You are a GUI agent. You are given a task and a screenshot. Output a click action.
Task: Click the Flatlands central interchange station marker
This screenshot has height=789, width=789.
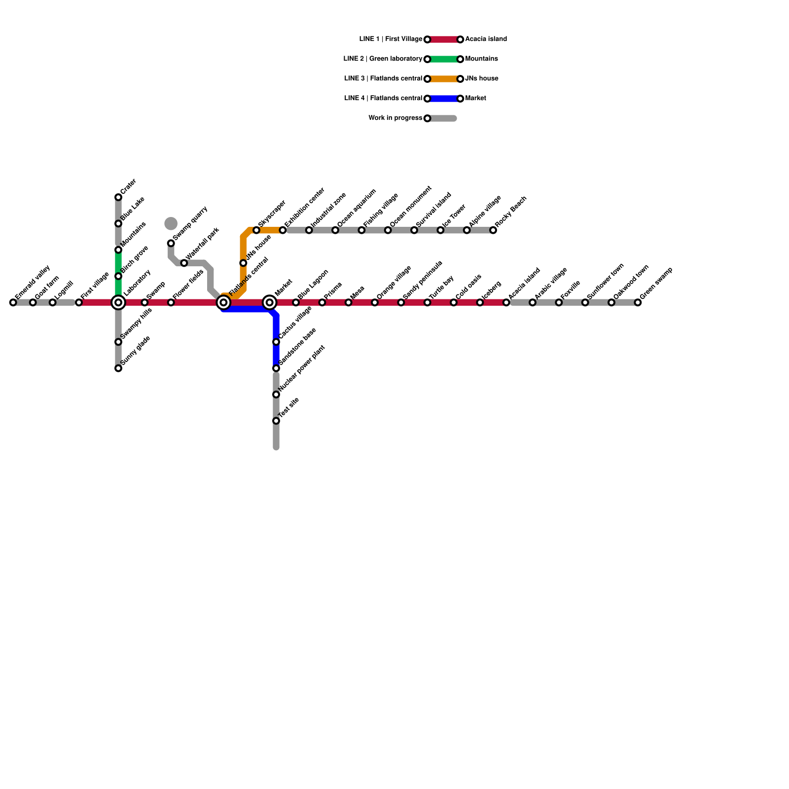[x=223, y=302]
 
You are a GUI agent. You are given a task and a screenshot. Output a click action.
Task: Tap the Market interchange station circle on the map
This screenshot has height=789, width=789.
[x=269, y=302]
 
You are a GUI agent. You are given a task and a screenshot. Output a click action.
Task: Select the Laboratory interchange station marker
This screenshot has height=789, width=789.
[x=118, y=302]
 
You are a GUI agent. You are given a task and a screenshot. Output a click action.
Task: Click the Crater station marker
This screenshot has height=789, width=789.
[x=118, y=197]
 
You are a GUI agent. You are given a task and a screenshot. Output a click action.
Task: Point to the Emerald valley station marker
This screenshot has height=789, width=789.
[x=13, y=302]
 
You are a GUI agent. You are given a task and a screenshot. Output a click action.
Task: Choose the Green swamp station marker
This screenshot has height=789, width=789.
[x=638, y=302]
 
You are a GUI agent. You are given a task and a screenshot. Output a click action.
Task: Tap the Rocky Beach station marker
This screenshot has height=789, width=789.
[x=493, y=230]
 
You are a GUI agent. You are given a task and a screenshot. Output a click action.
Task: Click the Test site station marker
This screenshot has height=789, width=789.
[x=276, y=421]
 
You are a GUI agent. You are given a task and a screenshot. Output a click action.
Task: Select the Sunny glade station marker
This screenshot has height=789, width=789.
[x=118, y=368]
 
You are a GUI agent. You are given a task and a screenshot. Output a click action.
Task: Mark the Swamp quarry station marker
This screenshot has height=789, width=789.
[x=171, y=243]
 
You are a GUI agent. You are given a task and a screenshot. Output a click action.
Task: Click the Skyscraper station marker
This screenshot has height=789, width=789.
[x=256, y=230]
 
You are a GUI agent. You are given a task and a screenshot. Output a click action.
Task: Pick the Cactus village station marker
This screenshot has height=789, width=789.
[x=276, y=342]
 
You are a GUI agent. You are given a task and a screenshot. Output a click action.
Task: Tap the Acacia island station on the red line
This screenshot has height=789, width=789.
[x=506, y=302]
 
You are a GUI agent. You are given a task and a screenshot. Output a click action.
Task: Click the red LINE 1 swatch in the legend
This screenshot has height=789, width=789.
[x=444, y=39]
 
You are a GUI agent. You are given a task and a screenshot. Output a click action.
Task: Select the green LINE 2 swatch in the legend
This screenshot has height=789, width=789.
[x=444, y=59]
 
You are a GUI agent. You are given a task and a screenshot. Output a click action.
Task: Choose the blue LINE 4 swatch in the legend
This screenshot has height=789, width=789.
[x=444, y=99]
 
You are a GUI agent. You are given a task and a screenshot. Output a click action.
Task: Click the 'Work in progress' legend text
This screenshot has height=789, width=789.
[x=395, y=118]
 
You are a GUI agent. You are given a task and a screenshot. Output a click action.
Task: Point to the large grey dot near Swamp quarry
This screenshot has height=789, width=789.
[x=171, y=223]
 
